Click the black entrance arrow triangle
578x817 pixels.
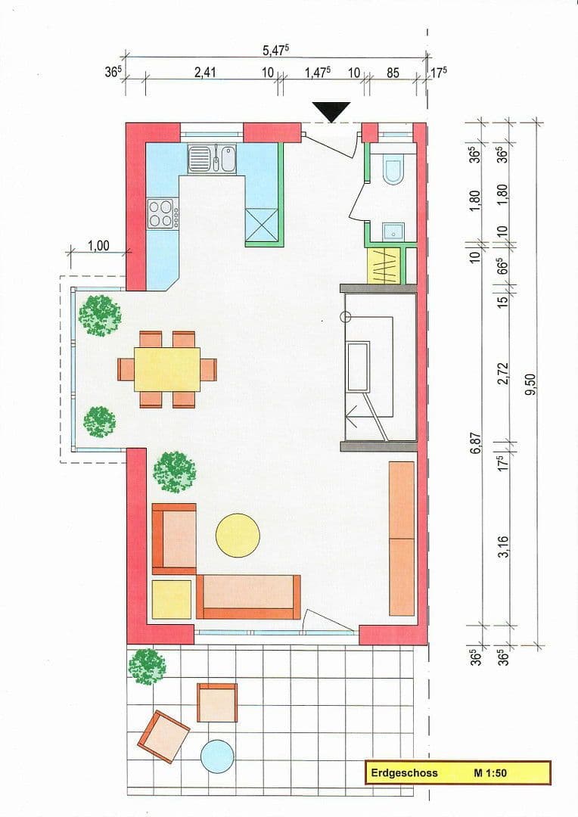pos(331,111)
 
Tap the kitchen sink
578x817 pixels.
pos(200,159)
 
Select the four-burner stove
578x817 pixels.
pos(162,213)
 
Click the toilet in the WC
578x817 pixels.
pos(394,170)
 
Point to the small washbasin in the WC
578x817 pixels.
pos(393,231)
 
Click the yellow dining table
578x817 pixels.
pos(167,369)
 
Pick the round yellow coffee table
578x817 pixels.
pos(238,535)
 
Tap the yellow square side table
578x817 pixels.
pos(172,599)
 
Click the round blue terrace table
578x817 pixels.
pos(217,756)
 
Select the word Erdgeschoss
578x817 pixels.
pos(404,773)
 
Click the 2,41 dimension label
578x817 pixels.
pos(205,73)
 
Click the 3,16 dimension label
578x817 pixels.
pos(503,545)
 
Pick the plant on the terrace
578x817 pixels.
pos(147,666)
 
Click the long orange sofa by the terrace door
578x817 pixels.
pos(248,597)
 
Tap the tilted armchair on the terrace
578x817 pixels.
pos(163,736)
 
